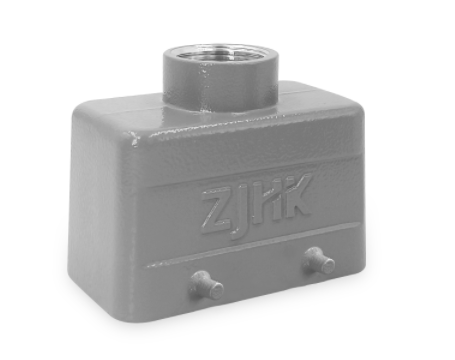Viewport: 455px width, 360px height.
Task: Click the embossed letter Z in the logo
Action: point(217,211)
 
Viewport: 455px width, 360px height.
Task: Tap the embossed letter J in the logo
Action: point(241,213)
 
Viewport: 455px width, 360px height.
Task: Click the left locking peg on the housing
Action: point(206,285)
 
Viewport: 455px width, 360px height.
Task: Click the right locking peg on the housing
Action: point(318,260)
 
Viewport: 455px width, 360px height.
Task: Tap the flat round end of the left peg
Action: point(216,291)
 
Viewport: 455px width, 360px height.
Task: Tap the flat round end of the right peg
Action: point(328,265)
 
